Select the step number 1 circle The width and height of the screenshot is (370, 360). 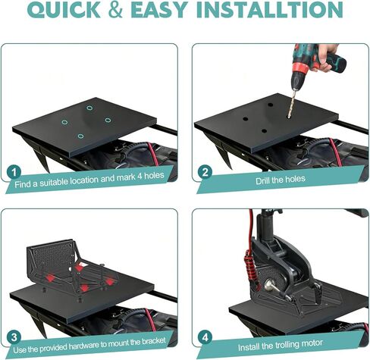coord(14,172)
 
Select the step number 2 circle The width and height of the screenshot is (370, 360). coord(204,172)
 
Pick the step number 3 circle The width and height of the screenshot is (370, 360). coord(14,337)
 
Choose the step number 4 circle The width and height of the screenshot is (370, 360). coord(204,337)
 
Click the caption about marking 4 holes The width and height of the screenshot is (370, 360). coord(98,181)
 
